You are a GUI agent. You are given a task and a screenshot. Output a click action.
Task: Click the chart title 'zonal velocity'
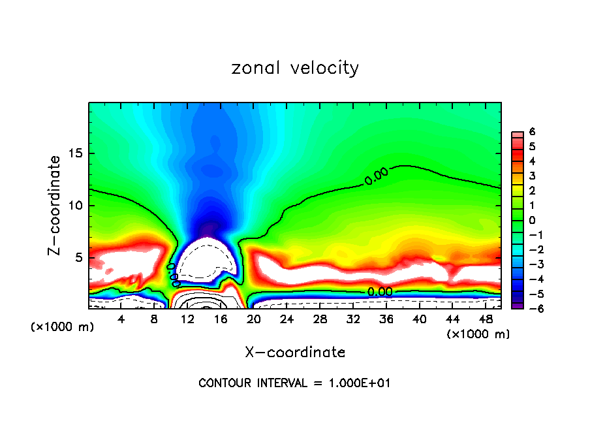pyautogui.click(x=295, y=68)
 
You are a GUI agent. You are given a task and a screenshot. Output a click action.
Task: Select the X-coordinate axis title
pyautogui.click(x=295, y=353)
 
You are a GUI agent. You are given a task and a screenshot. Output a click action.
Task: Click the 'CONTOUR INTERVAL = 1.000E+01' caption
pyautogui.click(x=295, y=383)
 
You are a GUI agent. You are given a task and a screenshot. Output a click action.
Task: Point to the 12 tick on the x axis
pyautogui.click(x=188, y=319)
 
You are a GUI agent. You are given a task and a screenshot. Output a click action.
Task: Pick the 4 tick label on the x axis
pyautogui.click(x=121, y=319)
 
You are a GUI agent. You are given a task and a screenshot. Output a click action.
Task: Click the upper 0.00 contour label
pyautogui.click(x=376, y=176)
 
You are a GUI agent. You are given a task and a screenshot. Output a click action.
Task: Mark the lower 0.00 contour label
pyautogui.click(x=379, y=292)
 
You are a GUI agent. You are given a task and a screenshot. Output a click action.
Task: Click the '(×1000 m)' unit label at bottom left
pyautogui.click(x=63, y=327)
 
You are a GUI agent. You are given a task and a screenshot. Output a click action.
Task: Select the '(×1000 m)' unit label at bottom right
pyautogui.click(x=478, y=334)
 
